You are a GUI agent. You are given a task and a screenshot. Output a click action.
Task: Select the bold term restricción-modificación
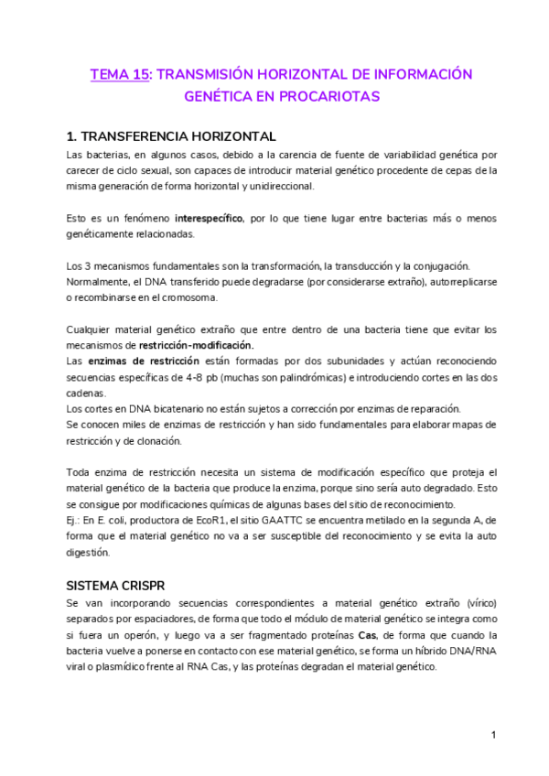196,345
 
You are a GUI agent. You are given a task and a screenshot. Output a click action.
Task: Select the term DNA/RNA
459,651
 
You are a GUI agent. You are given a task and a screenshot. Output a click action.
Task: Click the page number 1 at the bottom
493,735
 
